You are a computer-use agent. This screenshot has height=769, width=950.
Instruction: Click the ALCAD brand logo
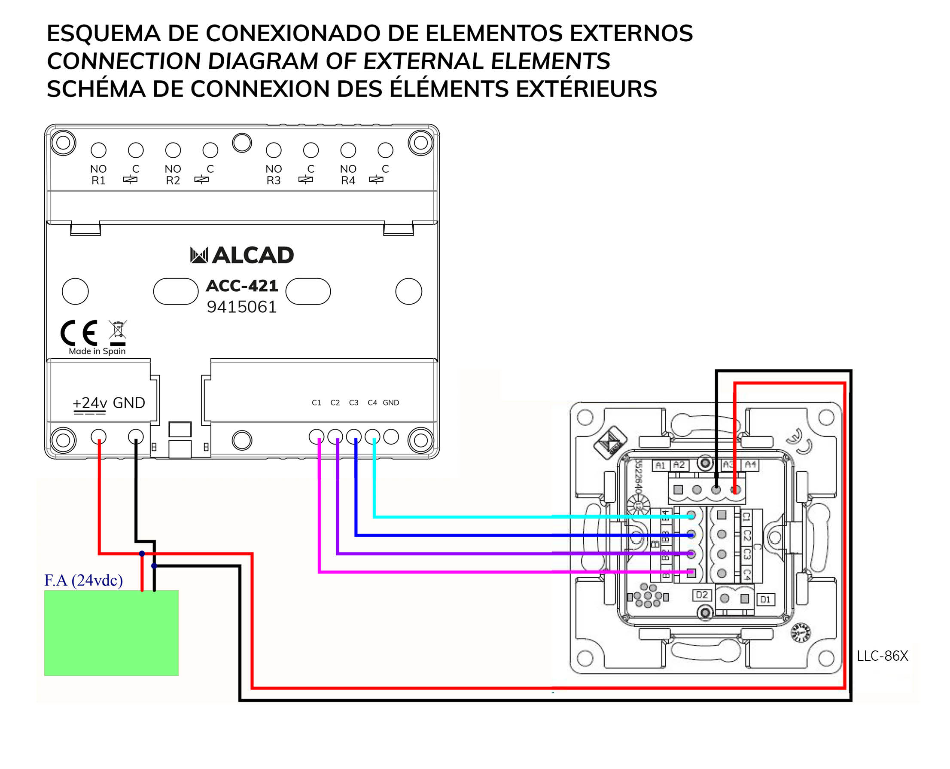241,255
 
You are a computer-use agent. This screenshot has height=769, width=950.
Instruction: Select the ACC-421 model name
242,286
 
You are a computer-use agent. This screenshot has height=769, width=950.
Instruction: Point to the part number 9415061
241,307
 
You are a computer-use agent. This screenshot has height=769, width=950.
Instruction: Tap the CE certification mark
79,333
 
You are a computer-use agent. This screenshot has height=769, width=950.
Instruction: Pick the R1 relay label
98,180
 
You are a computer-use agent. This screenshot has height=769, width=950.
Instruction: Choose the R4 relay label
348,180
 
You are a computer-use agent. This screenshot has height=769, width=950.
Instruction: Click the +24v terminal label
90,403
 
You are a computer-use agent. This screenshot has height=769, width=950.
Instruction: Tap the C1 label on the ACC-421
316,403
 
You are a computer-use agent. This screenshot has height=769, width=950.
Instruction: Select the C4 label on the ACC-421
372,403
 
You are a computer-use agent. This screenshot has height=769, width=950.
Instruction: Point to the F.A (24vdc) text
83,580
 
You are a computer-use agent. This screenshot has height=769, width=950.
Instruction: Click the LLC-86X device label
882,656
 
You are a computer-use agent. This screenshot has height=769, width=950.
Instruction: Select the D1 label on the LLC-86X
765,599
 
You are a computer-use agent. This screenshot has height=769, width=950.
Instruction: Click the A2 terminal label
679,465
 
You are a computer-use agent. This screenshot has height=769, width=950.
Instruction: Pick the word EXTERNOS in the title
631,34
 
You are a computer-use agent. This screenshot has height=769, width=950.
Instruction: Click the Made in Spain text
97,351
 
